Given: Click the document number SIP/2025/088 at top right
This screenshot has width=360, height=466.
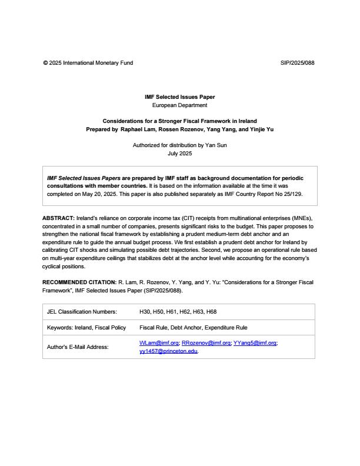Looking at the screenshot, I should (298, 63).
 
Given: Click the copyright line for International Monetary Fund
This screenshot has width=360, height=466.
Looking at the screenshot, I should (88, 63).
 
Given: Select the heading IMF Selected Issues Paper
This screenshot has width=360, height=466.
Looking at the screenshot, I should (179, 96).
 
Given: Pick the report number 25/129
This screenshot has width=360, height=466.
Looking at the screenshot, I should (292, 193).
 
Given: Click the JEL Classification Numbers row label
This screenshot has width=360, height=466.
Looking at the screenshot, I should (82, 312).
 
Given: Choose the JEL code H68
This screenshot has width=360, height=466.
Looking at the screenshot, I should (211, 312).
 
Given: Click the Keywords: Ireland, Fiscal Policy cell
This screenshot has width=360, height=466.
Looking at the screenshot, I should (86, 328).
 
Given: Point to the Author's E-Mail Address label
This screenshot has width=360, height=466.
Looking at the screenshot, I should (78, 347).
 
